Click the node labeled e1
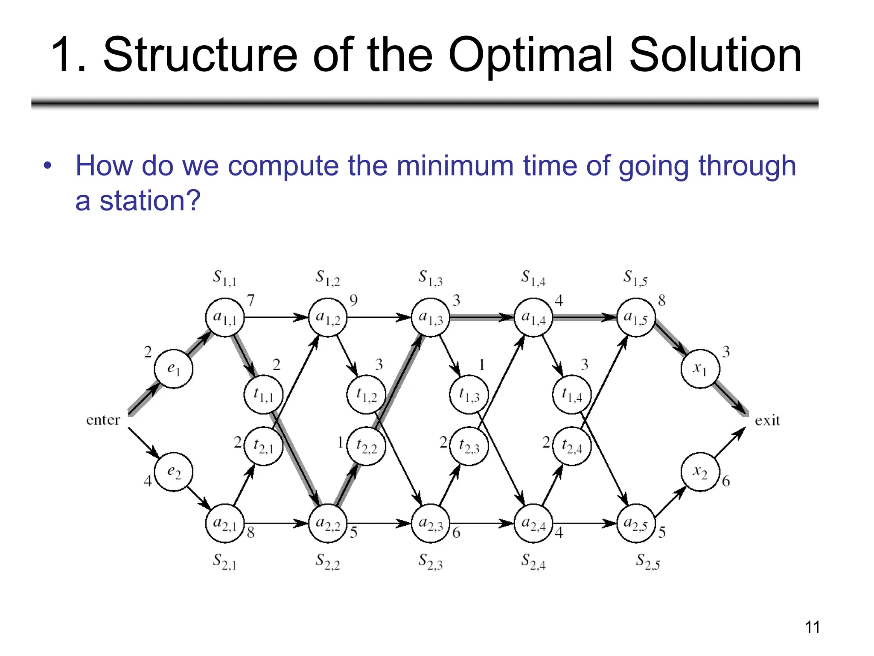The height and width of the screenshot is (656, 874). tap(173, 369)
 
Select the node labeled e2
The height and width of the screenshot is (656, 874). tap(173, 472)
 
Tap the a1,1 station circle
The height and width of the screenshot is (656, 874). tap(225, 317)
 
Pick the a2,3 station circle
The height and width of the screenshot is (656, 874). tap(431, 523)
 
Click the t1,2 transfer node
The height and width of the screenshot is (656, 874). tap(366, 395)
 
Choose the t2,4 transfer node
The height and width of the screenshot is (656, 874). tap(572, 446)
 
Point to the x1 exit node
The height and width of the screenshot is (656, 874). tap(700, 369)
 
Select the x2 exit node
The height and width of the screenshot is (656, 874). tap(700, 472)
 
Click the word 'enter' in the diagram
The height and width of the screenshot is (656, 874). tap(103, 420)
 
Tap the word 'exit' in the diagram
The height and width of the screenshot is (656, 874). tap(767, 421)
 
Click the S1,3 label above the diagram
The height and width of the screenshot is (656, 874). tap(430, 278)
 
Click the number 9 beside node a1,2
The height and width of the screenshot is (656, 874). tap(353, 301)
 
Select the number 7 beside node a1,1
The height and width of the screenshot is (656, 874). tap(251, 301)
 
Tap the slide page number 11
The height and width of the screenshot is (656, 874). tap(812, 627)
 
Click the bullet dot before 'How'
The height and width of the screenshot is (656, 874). tap(47, 166)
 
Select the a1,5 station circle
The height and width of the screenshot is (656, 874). tap(636, 317)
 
